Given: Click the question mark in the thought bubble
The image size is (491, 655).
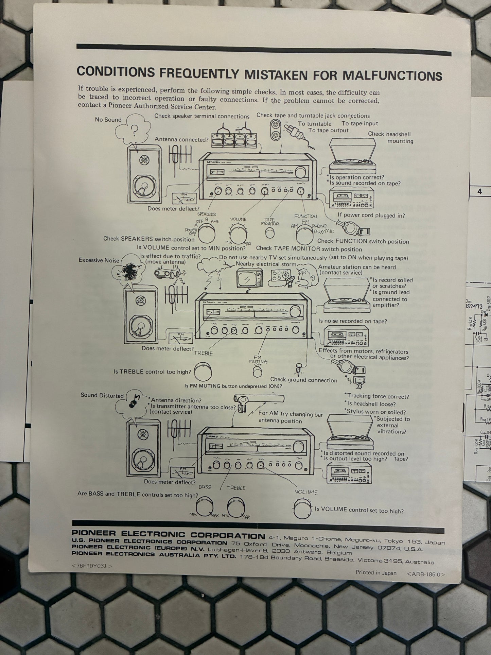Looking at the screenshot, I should [x=135, y=131].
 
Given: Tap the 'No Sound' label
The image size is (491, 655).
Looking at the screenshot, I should [x=108, y=120].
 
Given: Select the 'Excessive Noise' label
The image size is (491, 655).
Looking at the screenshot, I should [x=99, y=260].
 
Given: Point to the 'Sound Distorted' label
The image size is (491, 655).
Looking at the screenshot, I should [x=102, y=395].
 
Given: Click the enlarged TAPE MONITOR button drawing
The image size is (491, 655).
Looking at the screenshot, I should [x=270, y=233].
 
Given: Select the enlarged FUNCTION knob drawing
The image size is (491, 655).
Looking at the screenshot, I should [x=305, y=234].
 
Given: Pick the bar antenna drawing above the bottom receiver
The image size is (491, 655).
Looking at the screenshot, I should [x=258, y=400].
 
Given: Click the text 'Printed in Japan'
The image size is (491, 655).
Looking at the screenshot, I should [x=376, y=573].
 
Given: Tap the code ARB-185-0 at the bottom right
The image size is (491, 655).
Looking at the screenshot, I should [x=425, y=574].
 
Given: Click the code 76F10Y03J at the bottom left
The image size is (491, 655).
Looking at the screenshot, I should [x=92, y=566].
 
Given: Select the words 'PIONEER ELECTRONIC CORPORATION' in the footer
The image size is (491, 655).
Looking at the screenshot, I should [x=168, y=535].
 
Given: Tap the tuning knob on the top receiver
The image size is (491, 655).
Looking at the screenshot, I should [x=300, y=173].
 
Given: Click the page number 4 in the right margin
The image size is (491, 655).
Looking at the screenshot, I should [x=479, y=192].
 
